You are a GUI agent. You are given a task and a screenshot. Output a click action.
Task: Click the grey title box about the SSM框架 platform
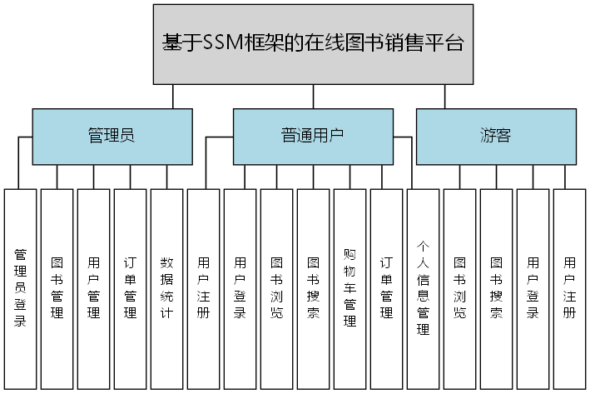(312, 43)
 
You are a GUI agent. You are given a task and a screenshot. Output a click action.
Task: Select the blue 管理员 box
(112, 136)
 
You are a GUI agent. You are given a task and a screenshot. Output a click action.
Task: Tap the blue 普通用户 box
(312, 136)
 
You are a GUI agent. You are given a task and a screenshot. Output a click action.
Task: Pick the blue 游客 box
(495, 136)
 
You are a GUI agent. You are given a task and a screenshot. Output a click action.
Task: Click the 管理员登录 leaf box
(21, 287)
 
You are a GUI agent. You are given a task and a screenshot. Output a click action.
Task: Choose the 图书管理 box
(57, 287)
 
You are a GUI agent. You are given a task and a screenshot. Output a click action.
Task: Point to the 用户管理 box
(94, 287)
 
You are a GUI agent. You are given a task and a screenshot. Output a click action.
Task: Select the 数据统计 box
(166, 287)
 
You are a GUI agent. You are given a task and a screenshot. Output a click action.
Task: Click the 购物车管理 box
(350, 287)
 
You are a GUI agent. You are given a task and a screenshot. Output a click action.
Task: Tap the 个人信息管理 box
(422, 287)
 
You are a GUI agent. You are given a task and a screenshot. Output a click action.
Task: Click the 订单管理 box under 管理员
(131, 287)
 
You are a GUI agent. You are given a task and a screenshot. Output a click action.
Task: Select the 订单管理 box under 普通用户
(386, 287)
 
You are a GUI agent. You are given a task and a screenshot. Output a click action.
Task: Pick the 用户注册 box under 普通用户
(203, 287)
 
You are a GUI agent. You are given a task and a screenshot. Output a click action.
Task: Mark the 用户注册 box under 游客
(569, 287)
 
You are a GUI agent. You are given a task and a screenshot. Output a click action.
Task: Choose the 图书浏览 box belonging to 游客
(459, 287)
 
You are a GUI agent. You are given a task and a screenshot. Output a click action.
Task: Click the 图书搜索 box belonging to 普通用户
(313, 287)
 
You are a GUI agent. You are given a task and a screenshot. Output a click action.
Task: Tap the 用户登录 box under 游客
(533, 287)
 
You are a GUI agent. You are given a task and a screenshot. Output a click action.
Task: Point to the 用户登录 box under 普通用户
(240, 287)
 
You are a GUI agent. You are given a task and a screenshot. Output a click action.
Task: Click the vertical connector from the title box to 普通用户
(312, 96)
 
